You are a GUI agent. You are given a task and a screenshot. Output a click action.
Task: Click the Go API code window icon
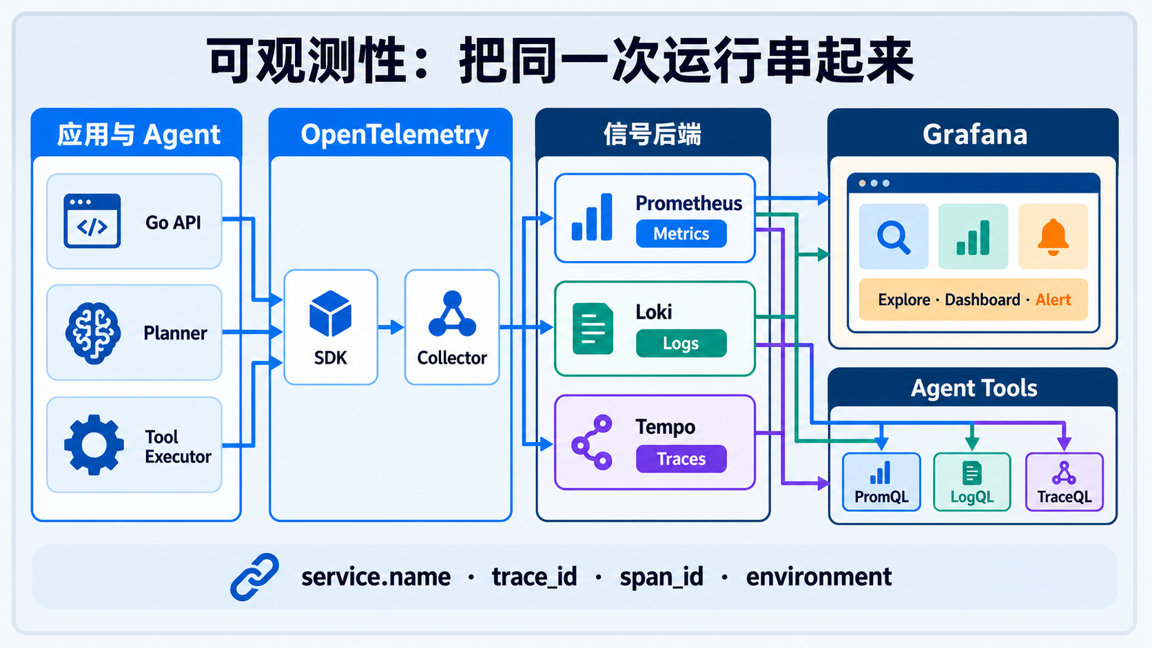tap(92, 221)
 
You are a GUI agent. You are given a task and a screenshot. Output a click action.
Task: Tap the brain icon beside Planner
tap(93, 333)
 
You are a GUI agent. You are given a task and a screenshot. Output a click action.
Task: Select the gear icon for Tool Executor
tap(94, 444)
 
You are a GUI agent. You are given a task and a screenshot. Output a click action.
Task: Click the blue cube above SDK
tap(330, 313)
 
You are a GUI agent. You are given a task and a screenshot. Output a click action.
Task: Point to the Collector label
tap(451, 357)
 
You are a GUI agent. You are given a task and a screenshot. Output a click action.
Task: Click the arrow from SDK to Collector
tap(391, 327)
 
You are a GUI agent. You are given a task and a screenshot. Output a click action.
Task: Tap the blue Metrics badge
tap(681, 234)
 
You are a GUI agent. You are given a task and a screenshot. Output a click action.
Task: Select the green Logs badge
tap(681, 343)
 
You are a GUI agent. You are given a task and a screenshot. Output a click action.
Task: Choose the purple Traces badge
tap(681, 459)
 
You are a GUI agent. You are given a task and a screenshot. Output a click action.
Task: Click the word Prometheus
tap(688, 204)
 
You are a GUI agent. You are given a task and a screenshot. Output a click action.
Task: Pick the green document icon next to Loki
tap(593, 328)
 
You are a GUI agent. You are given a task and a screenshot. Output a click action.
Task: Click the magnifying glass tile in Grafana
tap(894, 236)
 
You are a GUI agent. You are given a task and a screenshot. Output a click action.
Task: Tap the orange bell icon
tap(1053, 237)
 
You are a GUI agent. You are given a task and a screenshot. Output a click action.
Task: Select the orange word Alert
tap(1053, 300)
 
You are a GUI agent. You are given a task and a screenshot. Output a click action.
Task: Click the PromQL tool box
tap(881, 482)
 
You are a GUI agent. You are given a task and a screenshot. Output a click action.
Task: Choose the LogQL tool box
tap(972, 482)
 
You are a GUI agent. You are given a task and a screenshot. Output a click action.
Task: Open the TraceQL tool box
tap(1064, 482)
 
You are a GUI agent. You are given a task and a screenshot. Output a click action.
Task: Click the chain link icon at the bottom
tap(254, 576)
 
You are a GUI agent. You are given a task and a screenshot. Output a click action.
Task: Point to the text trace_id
tap(535, 576)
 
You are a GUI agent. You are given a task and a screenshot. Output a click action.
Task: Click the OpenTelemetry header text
tap(395, 135)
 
